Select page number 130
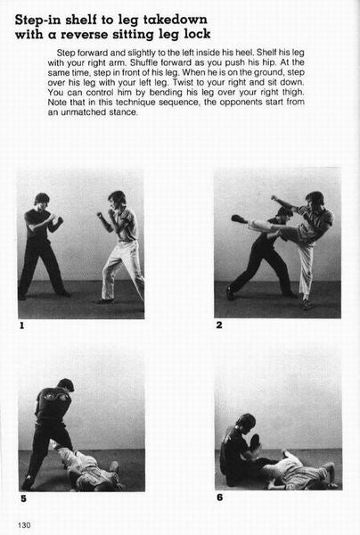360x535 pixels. point(24,525)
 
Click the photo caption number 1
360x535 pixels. point(21,325)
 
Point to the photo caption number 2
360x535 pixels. point(219,325)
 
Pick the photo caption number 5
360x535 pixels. point(23,498)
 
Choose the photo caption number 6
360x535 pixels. point(220,498)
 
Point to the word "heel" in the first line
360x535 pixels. point(247,53)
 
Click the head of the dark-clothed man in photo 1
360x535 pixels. point(42,199)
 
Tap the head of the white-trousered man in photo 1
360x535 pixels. point(117,199)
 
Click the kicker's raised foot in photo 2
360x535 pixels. point(240,218)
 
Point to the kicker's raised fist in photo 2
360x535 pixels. point(274,198)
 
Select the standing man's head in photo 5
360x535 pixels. point(66,385)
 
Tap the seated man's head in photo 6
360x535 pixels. point(246,422)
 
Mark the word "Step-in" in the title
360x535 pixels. point(38,21)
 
